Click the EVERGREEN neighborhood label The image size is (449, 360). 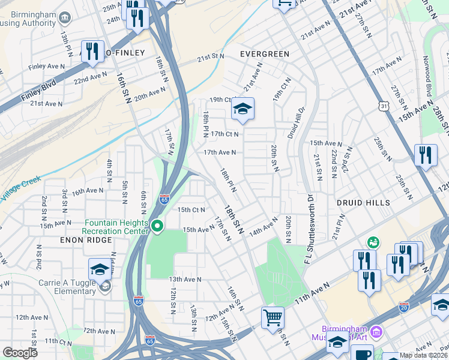(x=264, y=54)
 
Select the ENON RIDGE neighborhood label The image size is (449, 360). (x=86, y=240)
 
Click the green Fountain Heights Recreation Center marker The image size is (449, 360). (x=157, y=226)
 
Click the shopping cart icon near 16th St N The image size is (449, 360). (x=273, y=317)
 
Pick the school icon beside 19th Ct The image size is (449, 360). (x=243, y=109)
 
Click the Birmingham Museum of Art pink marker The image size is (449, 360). (x=376, y=331)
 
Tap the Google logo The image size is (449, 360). (x=20, y=353)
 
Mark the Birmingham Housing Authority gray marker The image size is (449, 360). (x=65, y=19)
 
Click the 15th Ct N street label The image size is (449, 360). (x=191, y=210)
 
